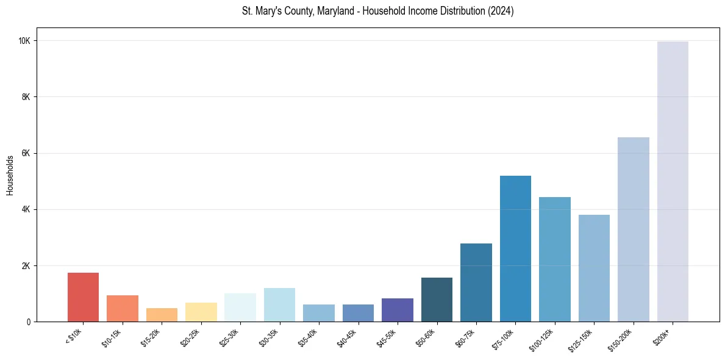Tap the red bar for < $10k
click(83, 297)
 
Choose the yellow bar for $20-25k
click(201, 312)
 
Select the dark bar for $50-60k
click(437, 300)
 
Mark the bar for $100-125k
click(554, 259)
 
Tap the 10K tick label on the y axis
click(24, 41)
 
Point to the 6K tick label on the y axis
click(26, 153)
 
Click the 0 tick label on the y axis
click(29, 322)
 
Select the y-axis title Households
click(10, 175)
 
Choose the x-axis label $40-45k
click(348, 336)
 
